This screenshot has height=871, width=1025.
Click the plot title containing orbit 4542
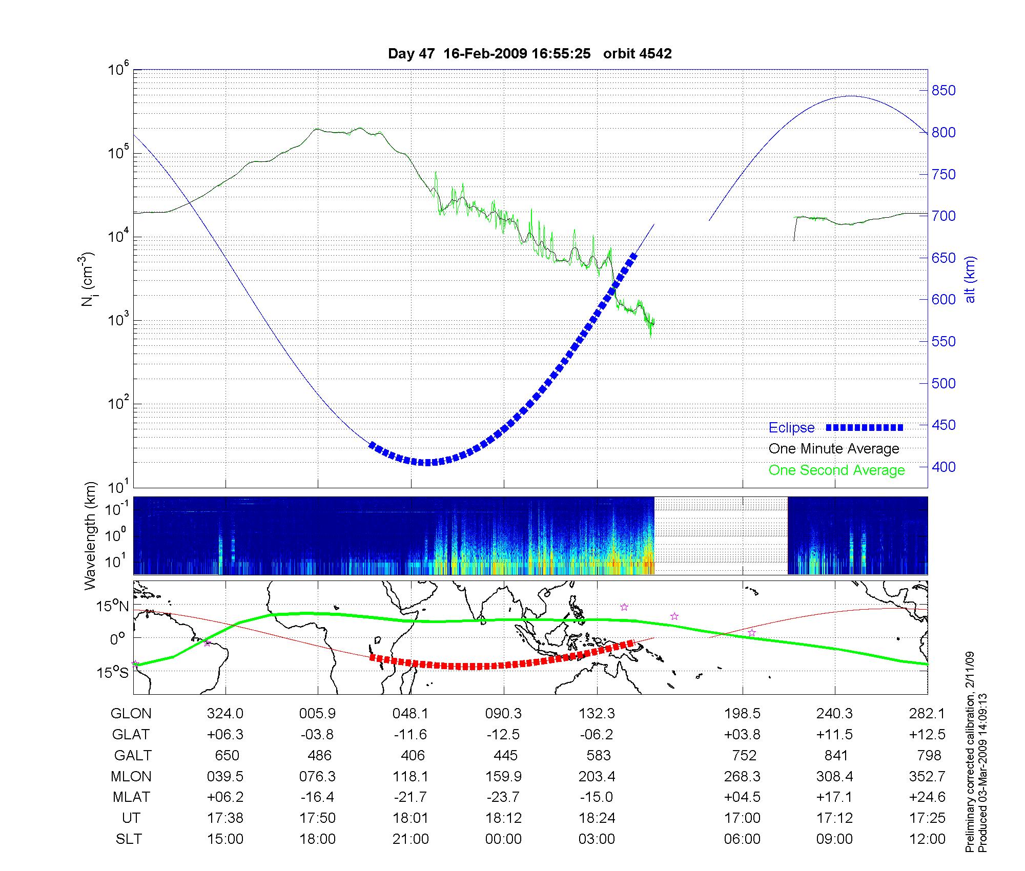click(529, 54)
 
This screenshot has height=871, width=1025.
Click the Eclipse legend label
click(791, 428)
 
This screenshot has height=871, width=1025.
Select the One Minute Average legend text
click(834, 449)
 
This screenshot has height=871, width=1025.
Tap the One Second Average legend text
click(836, 470)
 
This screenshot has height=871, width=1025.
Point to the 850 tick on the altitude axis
click(943, 91)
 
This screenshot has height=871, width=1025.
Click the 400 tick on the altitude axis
click(943, 467)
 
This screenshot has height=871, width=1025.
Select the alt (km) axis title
click(971, 279)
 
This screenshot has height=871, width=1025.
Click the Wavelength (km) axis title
click(91, 535)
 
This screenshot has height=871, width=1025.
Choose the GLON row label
click(131, 713)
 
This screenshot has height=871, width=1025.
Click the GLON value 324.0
click(225, 713)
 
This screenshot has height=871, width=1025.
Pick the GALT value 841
click(835, 755)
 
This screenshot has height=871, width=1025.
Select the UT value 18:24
click(597, 818)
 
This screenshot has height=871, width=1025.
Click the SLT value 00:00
click(504, 839)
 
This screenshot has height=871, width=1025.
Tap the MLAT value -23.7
click(503, 797)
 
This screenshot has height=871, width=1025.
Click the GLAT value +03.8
click(742, 734)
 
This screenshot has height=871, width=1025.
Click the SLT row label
click(129, 839)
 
